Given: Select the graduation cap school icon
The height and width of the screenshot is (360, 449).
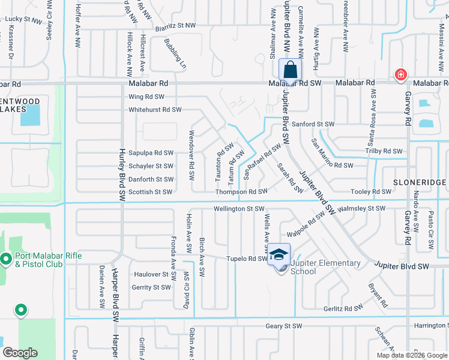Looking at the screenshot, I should coord(279,254).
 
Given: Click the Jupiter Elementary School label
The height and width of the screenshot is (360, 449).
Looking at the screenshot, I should coord(325,267).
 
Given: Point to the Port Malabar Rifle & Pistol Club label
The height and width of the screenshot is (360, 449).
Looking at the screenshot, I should coord(45,259).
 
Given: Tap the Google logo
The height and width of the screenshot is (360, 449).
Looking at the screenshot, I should coord(20,353).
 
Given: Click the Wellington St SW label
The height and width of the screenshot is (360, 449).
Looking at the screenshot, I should coord(239,209).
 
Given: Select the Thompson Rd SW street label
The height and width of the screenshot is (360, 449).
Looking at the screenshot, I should coord(242,192).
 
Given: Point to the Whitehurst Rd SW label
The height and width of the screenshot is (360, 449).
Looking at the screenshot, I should coord(155,110).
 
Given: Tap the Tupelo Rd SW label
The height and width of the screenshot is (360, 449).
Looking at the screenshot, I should coord(246,259).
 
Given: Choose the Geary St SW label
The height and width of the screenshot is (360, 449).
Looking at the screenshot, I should coord(284,326).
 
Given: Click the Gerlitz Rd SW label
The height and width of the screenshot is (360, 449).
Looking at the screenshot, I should coord(343,307).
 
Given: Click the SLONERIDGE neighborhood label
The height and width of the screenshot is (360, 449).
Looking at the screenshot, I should coord(420,182).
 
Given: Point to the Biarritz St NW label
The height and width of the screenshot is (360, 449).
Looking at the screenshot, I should coord(174,25).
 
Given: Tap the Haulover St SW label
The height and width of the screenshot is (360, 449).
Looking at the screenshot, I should coord(151,274).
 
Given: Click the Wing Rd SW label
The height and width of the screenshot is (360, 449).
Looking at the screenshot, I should coord(146,97).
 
